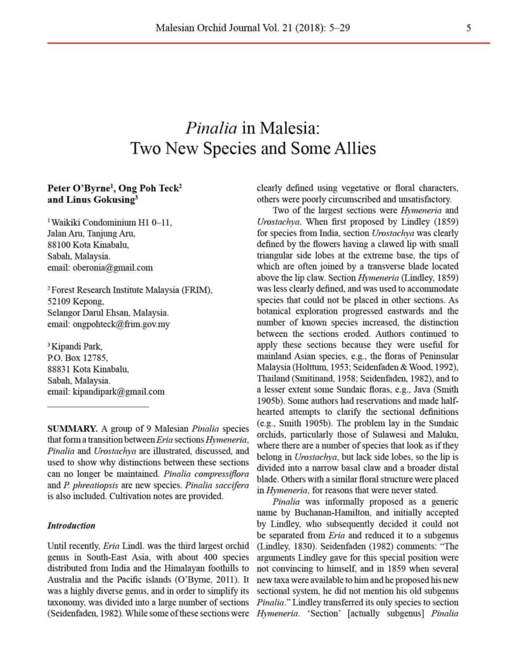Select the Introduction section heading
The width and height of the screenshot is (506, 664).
(71, 526)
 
